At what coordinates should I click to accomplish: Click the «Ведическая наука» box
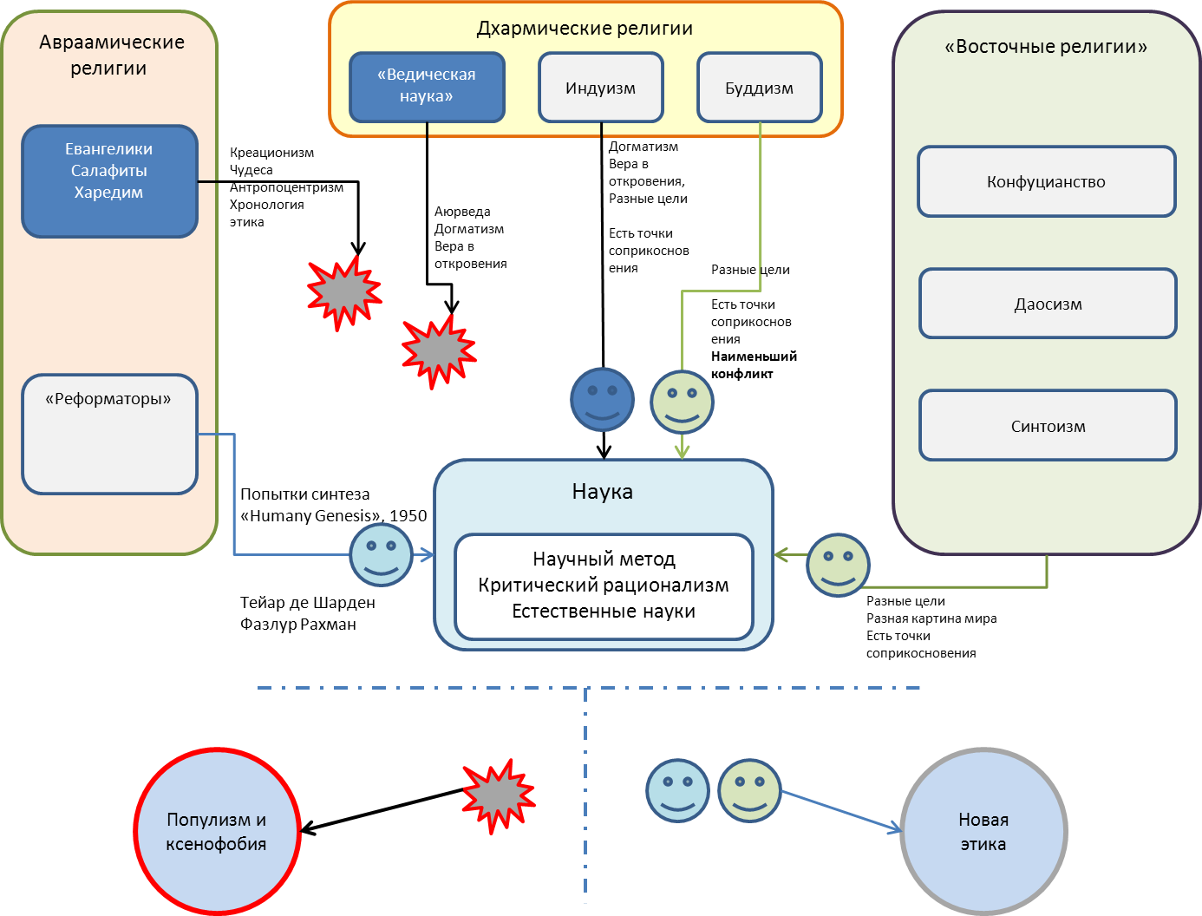tap(427, 87)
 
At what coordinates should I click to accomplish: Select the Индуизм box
tap(600, 88)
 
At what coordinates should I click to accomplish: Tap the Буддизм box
tap(759, 88)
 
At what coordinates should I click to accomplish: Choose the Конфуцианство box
tap(1046, 181)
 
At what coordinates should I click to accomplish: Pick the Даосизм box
tap(1048, 304)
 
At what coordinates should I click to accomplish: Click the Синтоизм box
tap(1048, 426)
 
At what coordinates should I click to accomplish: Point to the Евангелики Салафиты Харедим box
tap(109, 180)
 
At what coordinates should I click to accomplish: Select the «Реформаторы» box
tap(109, 434)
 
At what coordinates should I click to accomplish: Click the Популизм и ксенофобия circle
tap(217, 831)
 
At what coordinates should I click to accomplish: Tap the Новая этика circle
tap(983, 831)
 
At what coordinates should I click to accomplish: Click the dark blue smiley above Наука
tap(602, 400)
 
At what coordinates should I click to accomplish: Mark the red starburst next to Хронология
tap(344, 292)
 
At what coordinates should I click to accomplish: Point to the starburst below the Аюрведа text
tap(439, 350)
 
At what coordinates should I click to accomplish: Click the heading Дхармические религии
tap(585, 29)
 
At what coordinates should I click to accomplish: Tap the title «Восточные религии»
tap(1046, 47)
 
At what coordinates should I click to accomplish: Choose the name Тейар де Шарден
tap(307, 603)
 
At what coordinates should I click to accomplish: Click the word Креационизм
tap(271, 153)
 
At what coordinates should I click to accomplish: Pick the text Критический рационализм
tap(604, 586)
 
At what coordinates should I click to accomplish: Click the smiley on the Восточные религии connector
tap(838, 565)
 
